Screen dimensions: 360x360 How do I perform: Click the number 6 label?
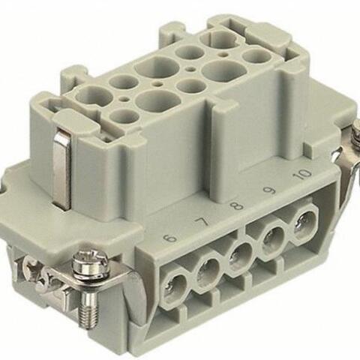pos(171,238)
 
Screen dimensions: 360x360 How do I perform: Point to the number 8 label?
pos(237,205)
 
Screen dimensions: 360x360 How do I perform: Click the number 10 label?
pos(303,175)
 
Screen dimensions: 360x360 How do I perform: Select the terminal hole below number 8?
pos(239,254)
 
